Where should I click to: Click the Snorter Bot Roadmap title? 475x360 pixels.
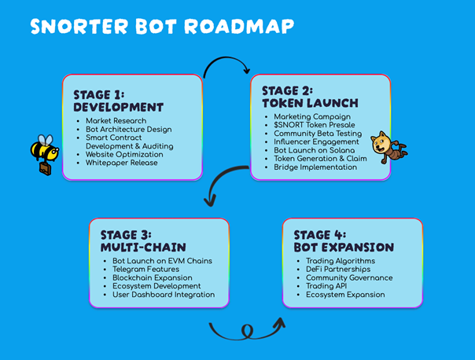point(162,27)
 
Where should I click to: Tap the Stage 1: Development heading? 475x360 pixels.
point(119,101)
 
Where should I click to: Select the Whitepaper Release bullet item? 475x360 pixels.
point(121,163)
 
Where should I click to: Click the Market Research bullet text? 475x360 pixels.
point(116,120)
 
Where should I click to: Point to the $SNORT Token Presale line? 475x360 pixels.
point(315,125)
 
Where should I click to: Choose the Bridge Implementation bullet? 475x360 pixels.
point(315,167)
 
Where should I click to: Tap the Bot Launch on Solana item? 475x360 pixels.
point(314,150)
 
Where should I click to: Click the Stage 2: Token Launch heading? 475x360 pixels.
point(310,97)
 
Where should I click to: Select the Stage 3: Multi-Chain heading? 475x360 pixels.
point(143,241)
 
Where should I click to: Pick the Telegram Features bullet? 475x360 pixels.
point(145,269)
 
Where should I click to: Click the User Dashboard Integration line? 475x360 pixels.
point(164,295)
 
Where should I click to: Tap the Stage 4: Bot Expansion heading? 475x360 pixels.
point(344,241)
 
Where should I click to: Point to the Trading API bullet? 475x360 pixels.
point(326,286)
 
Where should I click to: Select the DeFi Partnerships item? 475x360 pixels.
point(338,269)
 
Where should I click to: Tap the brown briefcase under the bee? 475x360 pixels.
point(46,169)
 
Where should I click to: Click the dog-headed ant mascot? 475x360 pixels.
point(389,147)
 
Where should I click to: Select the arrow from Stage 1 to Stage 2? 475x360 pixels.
point(226,57)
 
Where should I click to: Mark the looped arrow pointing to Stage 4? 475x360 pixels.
point(247,336)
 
